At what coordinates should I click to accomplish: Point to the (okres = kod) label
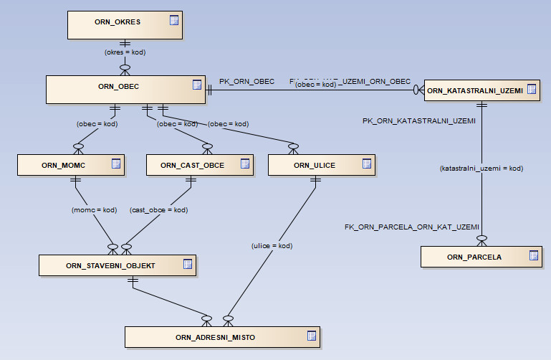coord(125,52)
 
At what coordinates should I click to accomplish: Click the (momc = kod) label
coord(94,210)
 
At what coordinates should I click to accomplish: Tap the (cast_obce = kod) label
coord(159,210)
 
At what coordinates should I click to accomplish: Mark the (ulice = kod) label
coord(273,246)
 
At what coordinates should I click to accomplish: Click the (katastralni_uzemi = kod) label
coord(481,169)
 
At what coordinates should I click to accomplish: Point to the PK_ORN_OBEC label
coord(246,82)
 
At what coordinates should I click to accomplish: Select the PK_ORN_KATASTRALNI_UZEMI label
coord(419,121)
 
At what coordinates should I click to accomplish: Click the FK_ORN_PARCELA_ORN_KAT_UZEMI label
coord(411,227)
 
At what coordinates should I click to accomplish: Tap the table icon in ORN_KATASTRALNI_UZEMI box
coord(531,90)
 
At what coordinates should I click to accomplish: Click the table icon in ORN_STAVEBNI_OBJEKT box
coord(187,264)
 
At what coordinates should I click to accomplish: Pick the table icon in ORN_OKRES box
coord(174,21)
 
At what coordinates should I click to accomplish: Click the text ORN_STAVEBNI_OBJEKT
coord(110,265)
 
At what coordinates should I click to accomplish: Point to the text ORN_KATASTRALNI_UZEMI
coord(474,90)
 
